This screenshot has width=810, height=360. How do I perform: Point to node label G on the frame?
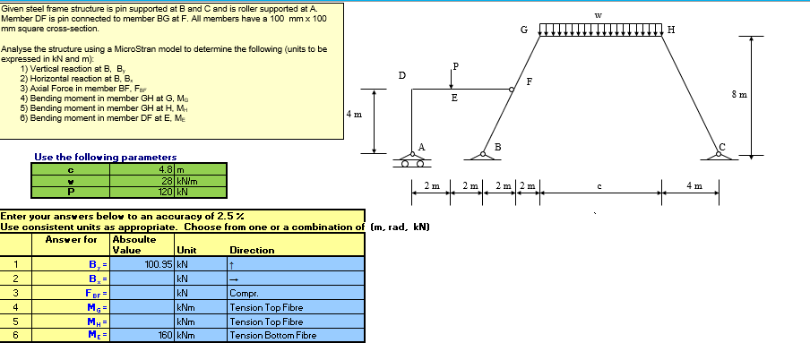click(524, 30)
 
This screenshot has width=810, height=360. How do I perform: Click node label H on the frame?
click(672, 30)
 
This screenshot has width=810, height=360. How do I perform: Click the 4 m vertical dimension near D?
click(354, 115)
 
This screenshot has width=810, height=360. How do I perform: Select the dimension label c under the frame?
click(599, 186)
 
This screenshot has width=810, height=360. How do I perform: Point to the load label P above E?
click(455, 66)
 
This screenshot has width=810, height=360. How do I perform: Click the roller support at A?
click(412, 161)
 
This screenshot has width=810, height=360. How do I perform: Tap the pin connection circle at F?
click(513, 90)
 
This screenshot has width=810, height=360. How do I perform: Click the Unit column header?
click(187, 251)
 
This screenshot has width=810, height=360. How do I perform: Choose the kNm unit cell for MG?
click(186, 307)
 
